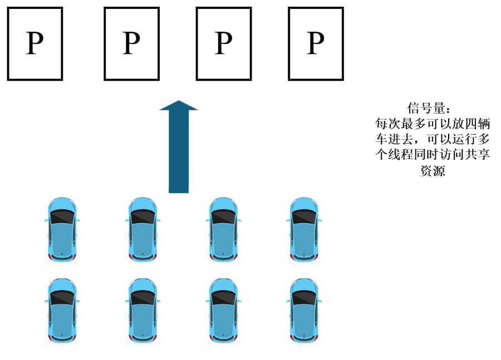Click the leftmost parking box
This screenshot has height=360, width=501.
(x=35, y=43)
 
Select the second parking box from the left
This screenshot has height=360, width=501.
(x=131, y=43)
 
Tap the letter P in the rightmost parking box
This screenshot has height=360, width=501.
(x=316, y=43)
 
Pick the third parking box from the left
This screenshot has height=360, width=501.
(x=223, y=43)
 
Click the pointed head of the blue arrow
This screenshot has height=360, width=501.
(x=179, y=106)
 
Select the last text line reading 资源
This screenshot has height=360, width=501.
(x=433, y=171)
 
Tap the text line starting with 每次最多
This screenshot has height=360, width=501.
(x=433, y=122)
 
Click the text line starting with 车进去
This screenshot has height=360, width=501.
(x=433, y=139)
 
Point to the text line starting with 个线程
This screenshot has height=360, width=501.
(x=433, y=155)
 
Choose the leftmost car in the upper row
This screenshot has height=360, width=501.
(x=62, y=229)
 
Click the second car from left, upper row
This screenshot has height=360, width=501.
(x=143, y=229)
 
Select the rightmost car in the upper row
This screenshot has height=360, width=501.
(x=304, y=229)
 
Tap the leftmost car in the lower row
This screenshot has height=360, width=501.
(x=62, y=310)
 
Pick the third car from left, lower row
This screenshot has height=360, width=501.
(x=224, y=310)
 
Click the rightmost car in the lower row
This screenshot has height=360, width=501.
(x=304, y=310)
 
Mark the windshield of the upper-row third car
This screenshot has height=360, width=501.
(x=224, y=217)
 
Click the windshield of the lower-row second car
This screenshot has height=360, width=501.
(x=143, y=298)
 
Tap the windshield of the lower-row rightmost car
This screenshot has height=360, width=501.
(x=304, y=298)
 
